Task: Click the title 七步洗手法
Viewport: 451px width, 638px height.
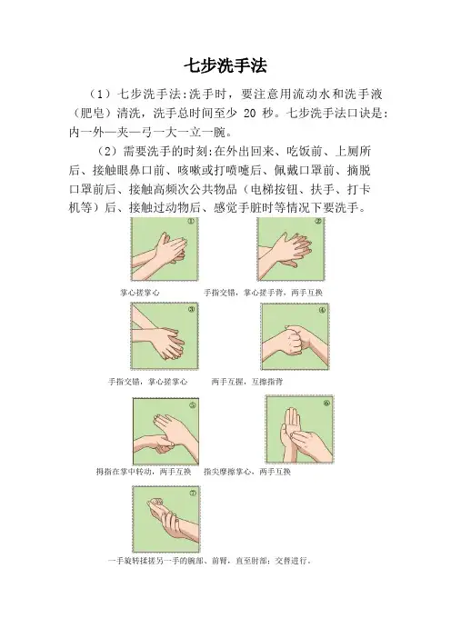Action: [x=225, y=66]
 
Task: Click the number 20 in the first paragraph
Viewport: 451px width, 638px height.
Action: [x=249, y=113]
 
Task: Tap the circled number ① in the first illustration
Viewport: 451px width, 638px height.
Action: [x=191, y=222]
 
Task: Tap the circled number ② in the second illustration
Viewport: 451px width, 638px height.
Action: [x=318, y=222]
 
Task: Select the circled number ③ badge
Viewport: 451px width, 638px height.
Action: [x=191, y=309]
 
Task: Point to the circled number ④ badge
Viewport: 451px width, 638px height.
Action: [x=322, y=310]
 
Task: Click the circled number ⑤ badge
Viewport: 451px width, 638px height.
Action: [x=193, y=405]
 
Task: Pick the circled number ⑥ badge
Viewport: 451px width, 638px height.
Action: [x=326, y=404]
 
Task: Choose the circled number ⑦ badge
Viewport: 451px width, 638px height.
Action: [x=193, y=493]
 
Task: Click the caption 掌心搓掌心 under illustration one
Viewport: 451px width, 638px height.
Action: [x=140, y=293]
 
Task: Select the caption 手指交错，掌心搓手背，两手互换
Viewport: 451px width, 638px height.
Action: [x=263, y=293]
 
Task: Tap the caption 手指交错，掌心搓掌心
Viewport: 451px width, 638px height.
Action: [x=147, y=382]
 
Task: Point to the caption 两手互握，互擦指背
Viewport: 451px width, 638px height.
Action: [x=247, y=382]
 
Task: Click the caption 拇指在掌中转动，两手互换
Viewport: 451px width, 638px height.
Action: [x=144, y=472]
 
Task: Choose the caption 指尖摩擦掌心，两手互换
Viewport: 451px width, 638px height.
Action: [x=247, y=472]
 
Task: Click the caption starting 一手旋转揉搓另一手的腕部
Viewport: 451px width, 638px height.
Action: [x=210, y=561]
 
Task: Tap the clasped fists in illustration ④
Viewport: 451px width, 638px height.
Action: [x=294, y=337]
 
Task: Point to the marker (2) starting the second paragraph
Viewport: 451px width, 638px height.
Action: [x=107, y=152]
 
